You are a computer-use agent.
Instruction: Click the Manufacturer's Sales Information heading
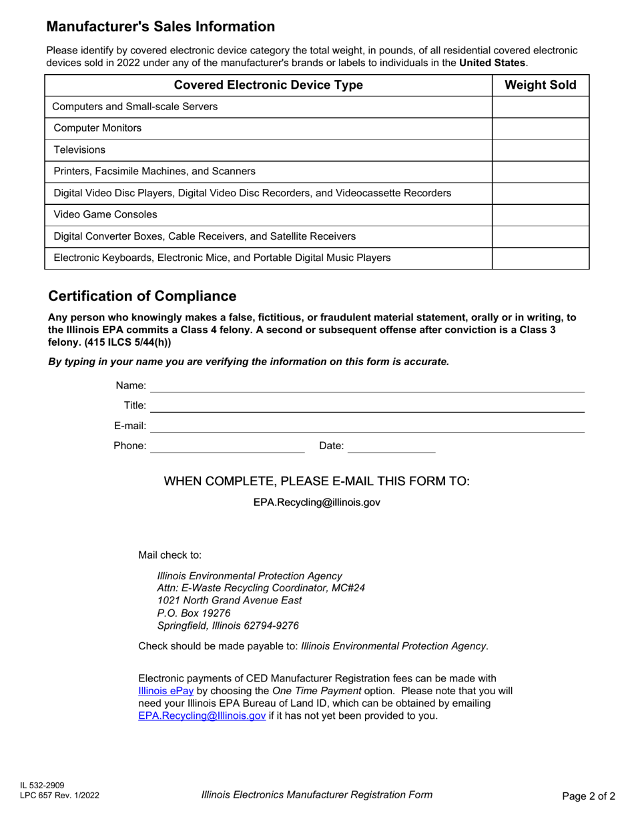pos(160,27)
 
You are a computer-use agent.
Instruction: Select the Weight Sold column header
pos(541,85)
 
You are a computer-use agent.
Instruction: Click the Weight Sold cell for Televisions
pos(541,150)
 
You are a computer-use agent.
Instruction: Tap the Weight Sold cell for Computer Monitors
pos(541,128)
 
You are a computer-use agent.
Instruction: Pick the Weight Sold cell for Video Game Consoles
pos(541,215)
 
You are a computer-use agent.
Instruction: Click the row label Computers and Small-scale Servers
pos(135,107)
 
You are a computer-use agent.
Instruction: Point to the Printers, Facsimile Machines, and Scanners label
pos(153,172)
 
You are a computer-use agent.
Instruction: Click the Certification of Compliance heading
pos(143,296)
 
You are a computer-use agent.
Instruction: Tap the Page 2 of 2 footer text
pos(589,796)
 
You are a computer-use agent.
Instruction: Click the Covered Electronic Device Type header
pos(268,85)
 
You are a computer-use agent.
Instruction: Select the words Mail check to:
pos(170,555)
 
